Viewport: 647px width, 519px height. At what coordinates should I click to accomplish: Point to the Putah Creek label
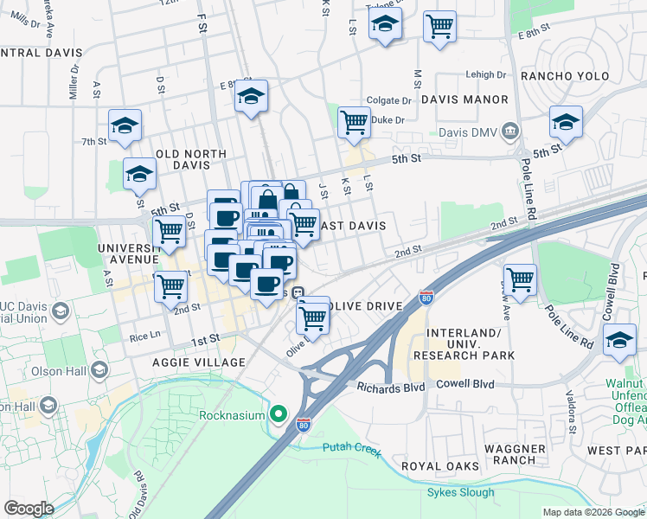(350, 447)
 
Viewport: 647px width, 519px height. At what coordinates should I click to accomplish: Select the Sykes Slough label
(460, 493)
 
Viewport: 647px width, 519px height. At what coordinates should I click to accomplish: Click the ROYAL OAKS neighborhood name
(439, 466)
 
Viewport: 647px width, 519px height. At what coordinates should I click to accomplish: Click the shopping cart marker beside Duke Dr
(354, 122)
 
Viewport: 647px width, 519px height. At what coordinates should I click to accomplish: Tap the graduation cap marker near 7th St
(125, 126)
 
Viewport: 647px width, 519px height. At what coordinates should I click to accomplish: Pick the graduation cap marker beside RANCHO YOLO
(566, 122)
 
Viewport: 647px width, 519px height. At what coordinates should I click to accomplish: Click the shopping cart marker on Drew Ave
(520, 279)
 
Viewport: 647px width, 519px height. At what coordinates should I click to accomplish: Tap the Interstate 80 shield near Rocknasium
(302, 425)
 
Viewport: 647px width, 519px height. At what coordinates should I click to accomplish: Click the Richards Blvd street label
(391, 388)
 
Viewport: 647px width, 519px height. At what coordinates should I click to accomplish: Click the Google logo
(29, 509)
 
